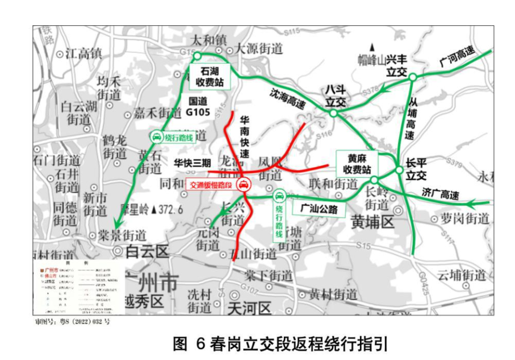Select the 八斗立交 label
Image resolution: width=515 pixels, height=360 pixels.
tap(334, 95)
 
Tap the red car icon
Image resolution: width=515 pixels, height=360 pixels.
tap(243, 185)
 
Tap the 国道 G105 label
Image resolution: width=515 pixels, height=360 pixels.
tap(201, 106)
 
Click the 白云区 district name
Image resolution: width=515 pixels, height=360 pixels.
tap(146, 251)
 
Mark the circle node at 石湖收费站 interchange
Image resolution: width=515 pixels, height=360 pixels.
tap(197, 56)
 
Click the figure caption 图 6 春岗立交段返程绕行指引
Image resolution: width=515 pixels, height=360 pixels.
tap(279, 343)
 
